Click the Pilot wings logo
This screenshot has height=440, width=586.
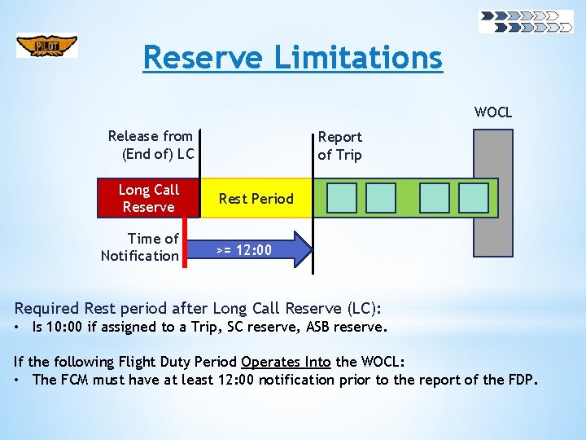point(47,46)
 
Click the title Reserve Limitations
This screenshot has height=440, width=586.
point(292,58)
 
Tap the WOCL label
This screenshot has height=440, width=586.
point(493,112)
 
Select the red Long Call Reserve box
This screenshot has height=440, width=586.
point(148,198)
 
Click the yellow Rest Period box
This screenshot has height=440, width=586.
point(256,198)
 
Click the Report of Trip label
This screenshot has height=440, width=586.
point(339,146)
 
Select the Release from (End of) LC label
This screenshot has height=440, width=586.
point(151,145)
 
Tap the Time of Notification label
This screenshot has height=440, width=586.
point(140,247)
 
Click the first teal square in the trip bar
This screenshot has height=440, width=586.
point(342,198)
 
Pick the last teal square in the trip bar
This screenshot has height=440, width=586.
point(474,198)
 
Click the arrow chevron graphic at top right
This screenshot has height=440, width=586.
point(526,21)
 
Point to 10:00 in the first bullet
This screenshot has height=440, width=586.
point(64,328)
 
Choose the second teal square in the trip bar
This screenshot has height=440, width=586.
point(381,198)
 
